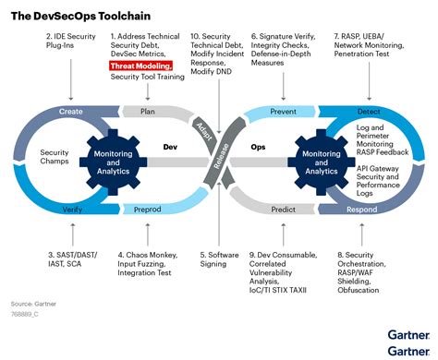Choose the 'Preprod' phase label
[x=148, y=210]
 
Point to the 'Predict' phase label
[x=284, y=210]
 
